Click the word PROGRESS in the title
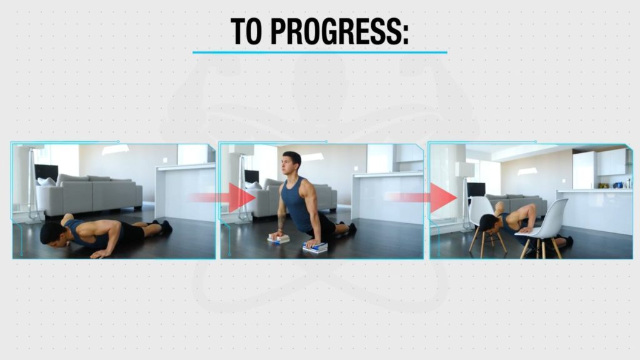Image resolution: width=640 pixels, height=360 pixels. (x=339, y=31)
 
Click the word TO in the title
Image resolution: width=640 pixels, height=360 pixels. (x=246, y=31)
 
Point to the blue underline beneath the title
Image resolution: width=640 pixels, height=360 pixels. (x=319, y=52)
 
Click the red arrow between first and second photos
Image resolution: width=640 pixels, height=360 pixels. (x=222, y=197)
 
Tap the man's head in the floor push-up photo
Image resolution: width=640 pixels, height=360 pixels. (x=52, y=234)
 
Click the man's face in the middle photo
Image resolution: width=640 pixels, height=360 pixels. (x=291, y=165)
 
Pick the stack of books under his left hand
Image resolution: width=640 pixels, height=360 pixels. (x=278, y=239)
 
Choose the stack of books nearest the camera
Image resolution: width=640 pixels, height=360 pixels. (x=315, y=247)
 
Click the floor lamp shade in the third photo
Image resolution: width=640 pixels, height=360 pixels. (x=464, y=169)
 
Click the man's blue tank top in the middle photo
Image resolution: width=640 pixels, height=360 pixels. (x=299, y=204)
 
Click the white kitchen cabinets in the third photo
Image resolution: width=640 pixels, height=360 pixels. (x=601, y=163)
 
